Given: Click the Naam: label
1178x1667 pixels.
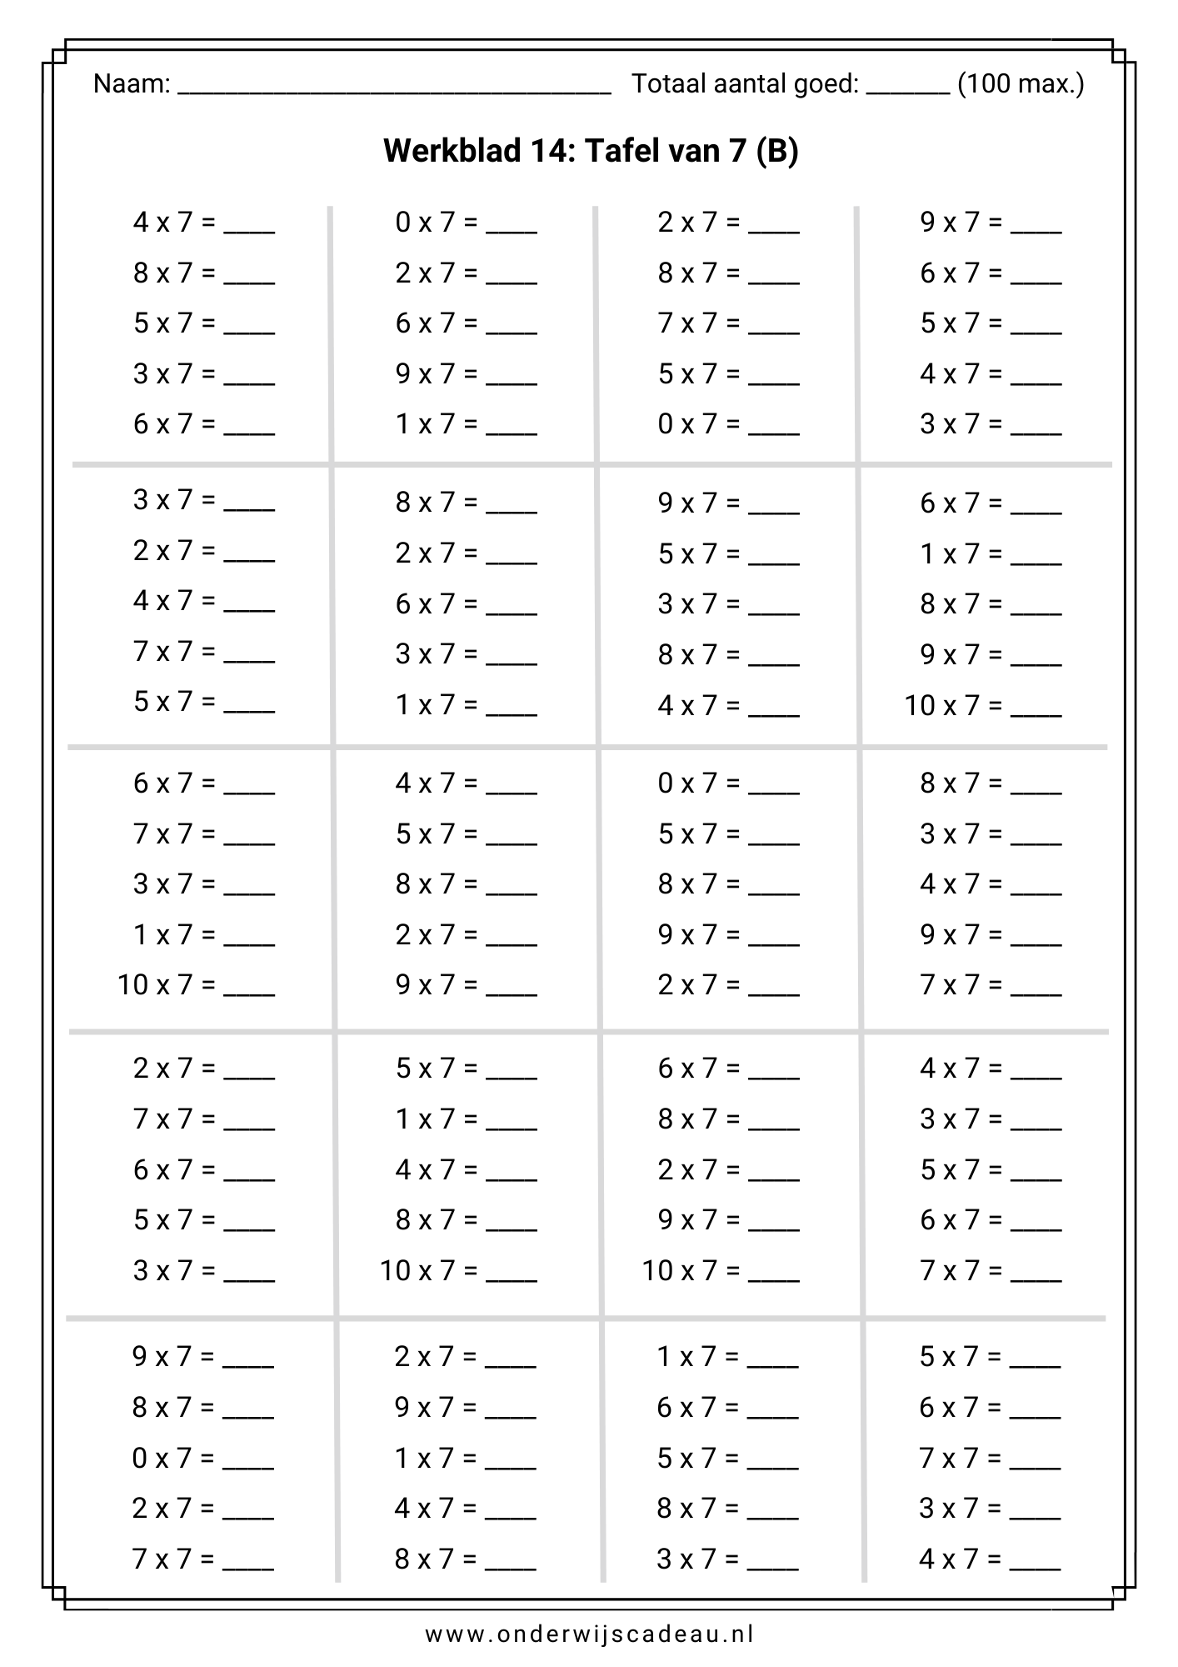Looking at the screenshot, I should tap(132, 84).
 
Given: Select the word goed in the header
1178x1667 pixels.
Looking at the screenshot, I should tap(828, 85).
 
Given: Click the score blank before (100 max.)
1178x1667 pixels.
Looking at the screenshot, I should tap(907, 90).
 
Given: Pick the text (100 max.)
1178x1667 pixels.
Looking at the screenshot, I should tap(1021, 84).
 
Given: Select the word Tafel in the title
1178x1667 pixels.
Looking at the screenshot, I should tap(619, 151).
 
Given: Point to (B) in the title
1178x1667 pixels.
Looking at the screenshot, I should tap(777, 151).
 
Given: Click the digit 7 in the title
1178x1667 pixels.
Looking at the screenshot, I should tap(736, 151).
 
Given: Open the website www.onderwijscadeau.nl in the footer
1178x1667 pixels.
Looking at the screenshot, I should tap(589, 1633).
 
